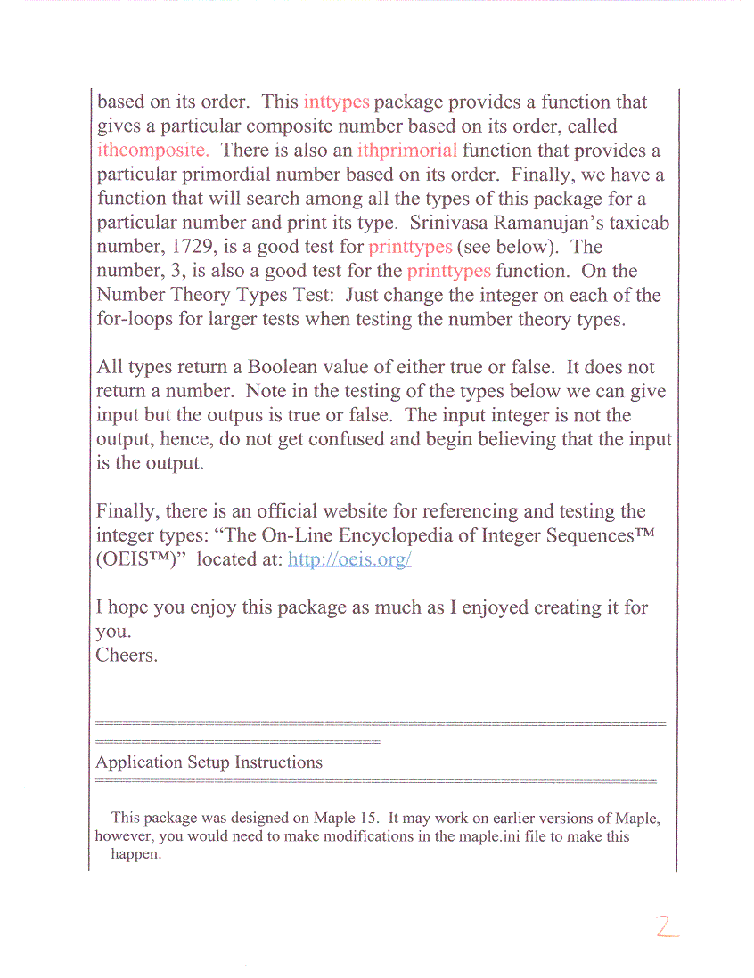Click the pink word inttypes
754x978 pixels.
(x=336, y=102)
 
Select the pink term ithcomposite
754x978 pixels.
(x=152, y=151)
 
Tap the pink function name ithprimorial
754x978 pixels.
(x=407, y=151)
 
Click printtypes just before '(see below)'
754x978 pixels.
(x=410, y=247)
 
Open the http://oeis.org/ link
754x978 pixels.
(x=349, y=560)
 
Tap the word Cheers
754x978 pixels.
(x=127, y=656)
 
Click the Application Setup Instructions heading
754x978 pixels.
(x=209, y=762)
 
